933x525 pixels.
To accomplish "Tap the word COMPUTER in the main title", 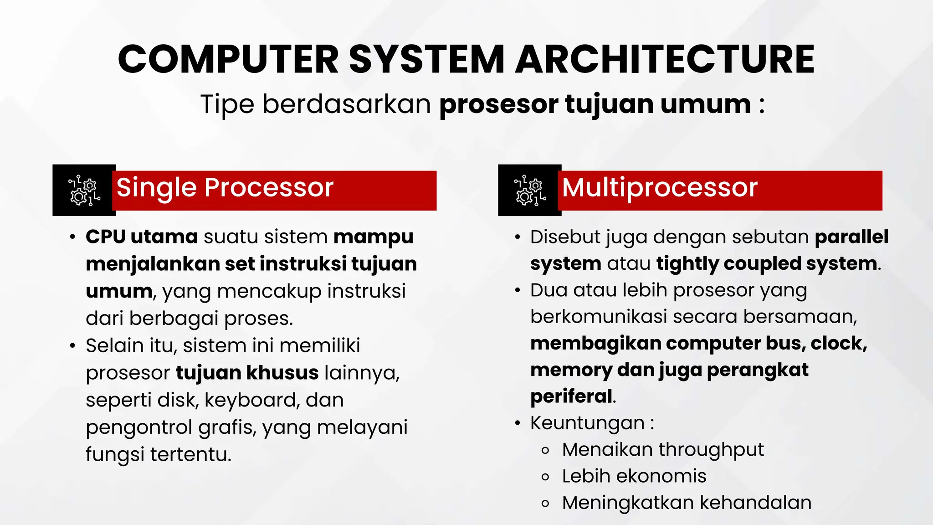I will (228, 59).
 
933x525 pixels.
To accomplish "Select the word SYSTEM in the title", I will (427, 59).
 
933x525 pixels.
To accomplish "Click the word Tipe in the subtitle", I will (227, 104).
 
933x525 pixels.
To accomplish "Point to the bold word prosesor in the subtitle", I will (498, 104).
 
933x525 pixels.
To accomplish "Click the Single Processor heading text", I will (225, 187).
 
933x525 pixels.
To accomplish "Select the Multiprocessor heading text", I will (659, 187).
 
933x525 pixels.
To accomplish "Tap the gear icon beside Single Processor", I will (84, 190).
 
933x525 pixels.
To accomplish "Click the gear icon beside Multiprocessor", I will (530, 190).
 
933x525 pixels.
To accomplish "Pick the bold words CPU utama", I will (142, 237).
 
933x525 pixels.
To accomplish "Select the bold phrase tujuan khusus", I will (247, 373).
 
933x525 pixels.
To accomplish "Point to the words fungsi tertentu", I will (159, 454).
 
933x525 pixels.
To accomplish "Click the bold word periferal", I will (571, 396).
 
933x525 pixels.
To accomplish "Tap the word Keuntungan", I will (587, 423).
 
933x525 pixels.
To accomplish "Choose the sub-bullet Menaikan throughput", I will (662, 450).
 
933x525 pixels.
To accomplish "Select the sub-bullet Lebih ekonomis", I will (634, 476).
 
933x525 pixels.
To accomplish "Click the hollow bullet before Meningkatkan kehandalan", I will (545, 504).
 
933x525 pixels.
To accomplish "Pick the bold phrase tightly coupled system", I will (766, 264).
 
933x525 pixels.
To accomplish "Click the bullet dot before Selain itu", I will (72, 346).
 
